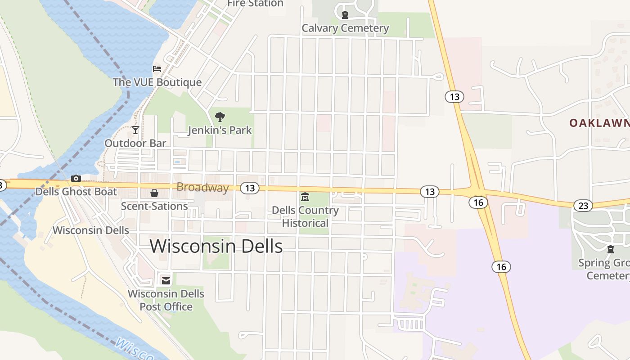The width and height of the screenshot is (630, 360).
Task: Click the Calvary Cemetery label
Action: pyautogui.click(x=345, y=28)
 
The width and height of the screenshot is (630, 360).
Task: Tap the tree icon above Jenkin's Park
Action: pyautogui.click(x=220, y=117)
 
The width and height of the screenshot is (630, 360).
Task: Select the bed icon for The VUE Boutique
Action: pyautogui.click(x=157, y=69)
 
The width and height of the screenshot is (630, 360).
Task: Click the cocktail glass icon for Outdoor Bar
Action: pyautogui.click(x=135, y=130)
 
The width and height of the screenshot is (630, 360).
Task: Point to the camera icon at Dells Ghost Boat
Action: pyautogui.click(x=76, y=179)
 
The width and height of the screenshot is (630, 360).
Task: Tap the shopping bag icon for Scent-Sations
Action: pyautogui.click(x=154, y=193)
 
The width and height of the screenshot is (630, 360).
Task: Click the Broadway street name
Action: pyautogui.click(x=202, y=187)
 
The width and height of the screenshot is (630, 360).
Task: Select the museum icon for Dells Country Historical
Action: pyautogui.click(x=305, y=197)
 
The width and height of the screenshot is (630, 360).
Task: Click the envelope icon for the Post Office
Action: pyautogui.click(x=166, y=280)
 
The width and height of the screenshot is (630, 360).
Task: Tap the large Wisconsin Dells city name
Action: pyautogui.click(x=216, y=246)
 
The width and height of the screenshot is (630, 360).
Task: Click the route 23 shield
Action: pyautogui.click(x=583, y=206)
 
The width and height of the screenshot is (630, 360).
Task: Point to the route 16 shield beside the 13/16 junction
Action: pyautogui.click(x=478, y=202)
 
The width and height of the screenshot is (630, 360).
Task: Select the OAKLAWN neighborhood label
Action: pyautogui.click(x=598, y=123)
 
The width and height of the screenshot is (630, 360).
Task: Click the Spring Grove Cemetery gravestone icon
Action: pyautogui.click(x=611, y=249)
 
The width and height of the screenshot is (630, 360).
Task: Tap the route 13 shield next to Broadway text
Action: pyautogui.click(x=250, y=188)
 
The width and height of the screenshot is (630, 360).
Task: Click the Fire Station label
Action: pyautogui.click(x=255, y=4)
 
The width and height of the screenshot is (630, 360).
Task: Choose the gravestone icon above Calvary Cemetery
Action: pyautogui.click(x=345, y=15)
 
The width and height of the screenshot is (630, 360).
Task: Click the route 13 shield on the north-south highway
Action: pyautogui.click(x=454, y=96)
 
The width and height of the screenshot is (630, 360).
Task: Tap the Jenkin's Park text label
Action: pyautogui.click(x=220, y=130)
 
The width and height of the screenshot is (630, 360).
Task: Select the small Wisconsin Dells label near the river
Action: pyautogui.click(x=91, y=230)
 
